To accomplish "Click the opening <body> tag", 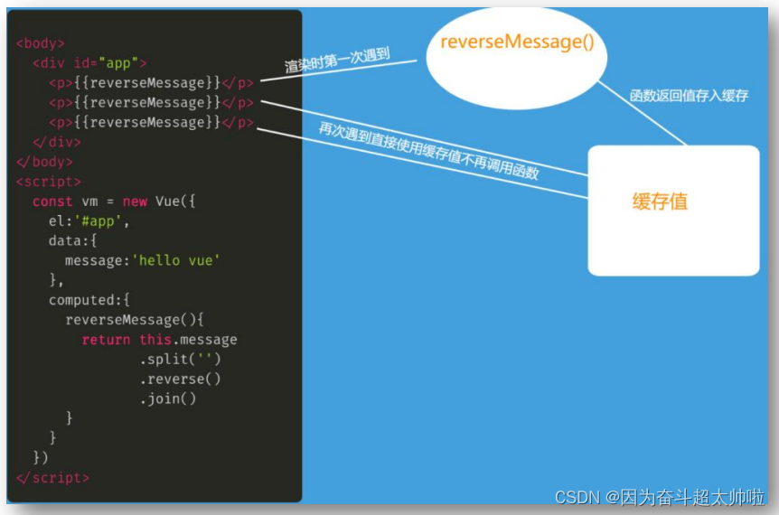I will [41, 43].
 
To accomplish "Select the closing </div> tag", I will [57, 143].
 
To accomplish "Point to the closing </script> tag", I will [52, 478].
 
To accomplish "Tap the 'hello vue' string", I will [177, 260].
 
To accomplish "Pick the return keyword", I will [106, 340].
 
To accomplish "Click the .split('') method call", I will [180, 360].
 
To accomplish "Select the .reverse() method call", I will [180, 379].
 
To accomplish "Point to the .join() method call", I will [168, 399].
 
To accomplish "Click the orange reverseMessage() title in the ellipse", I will [517, 42].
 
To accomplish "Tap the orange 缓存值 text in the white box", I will [660, 201].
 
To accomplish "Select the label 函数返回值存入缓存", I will [689, 94].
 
